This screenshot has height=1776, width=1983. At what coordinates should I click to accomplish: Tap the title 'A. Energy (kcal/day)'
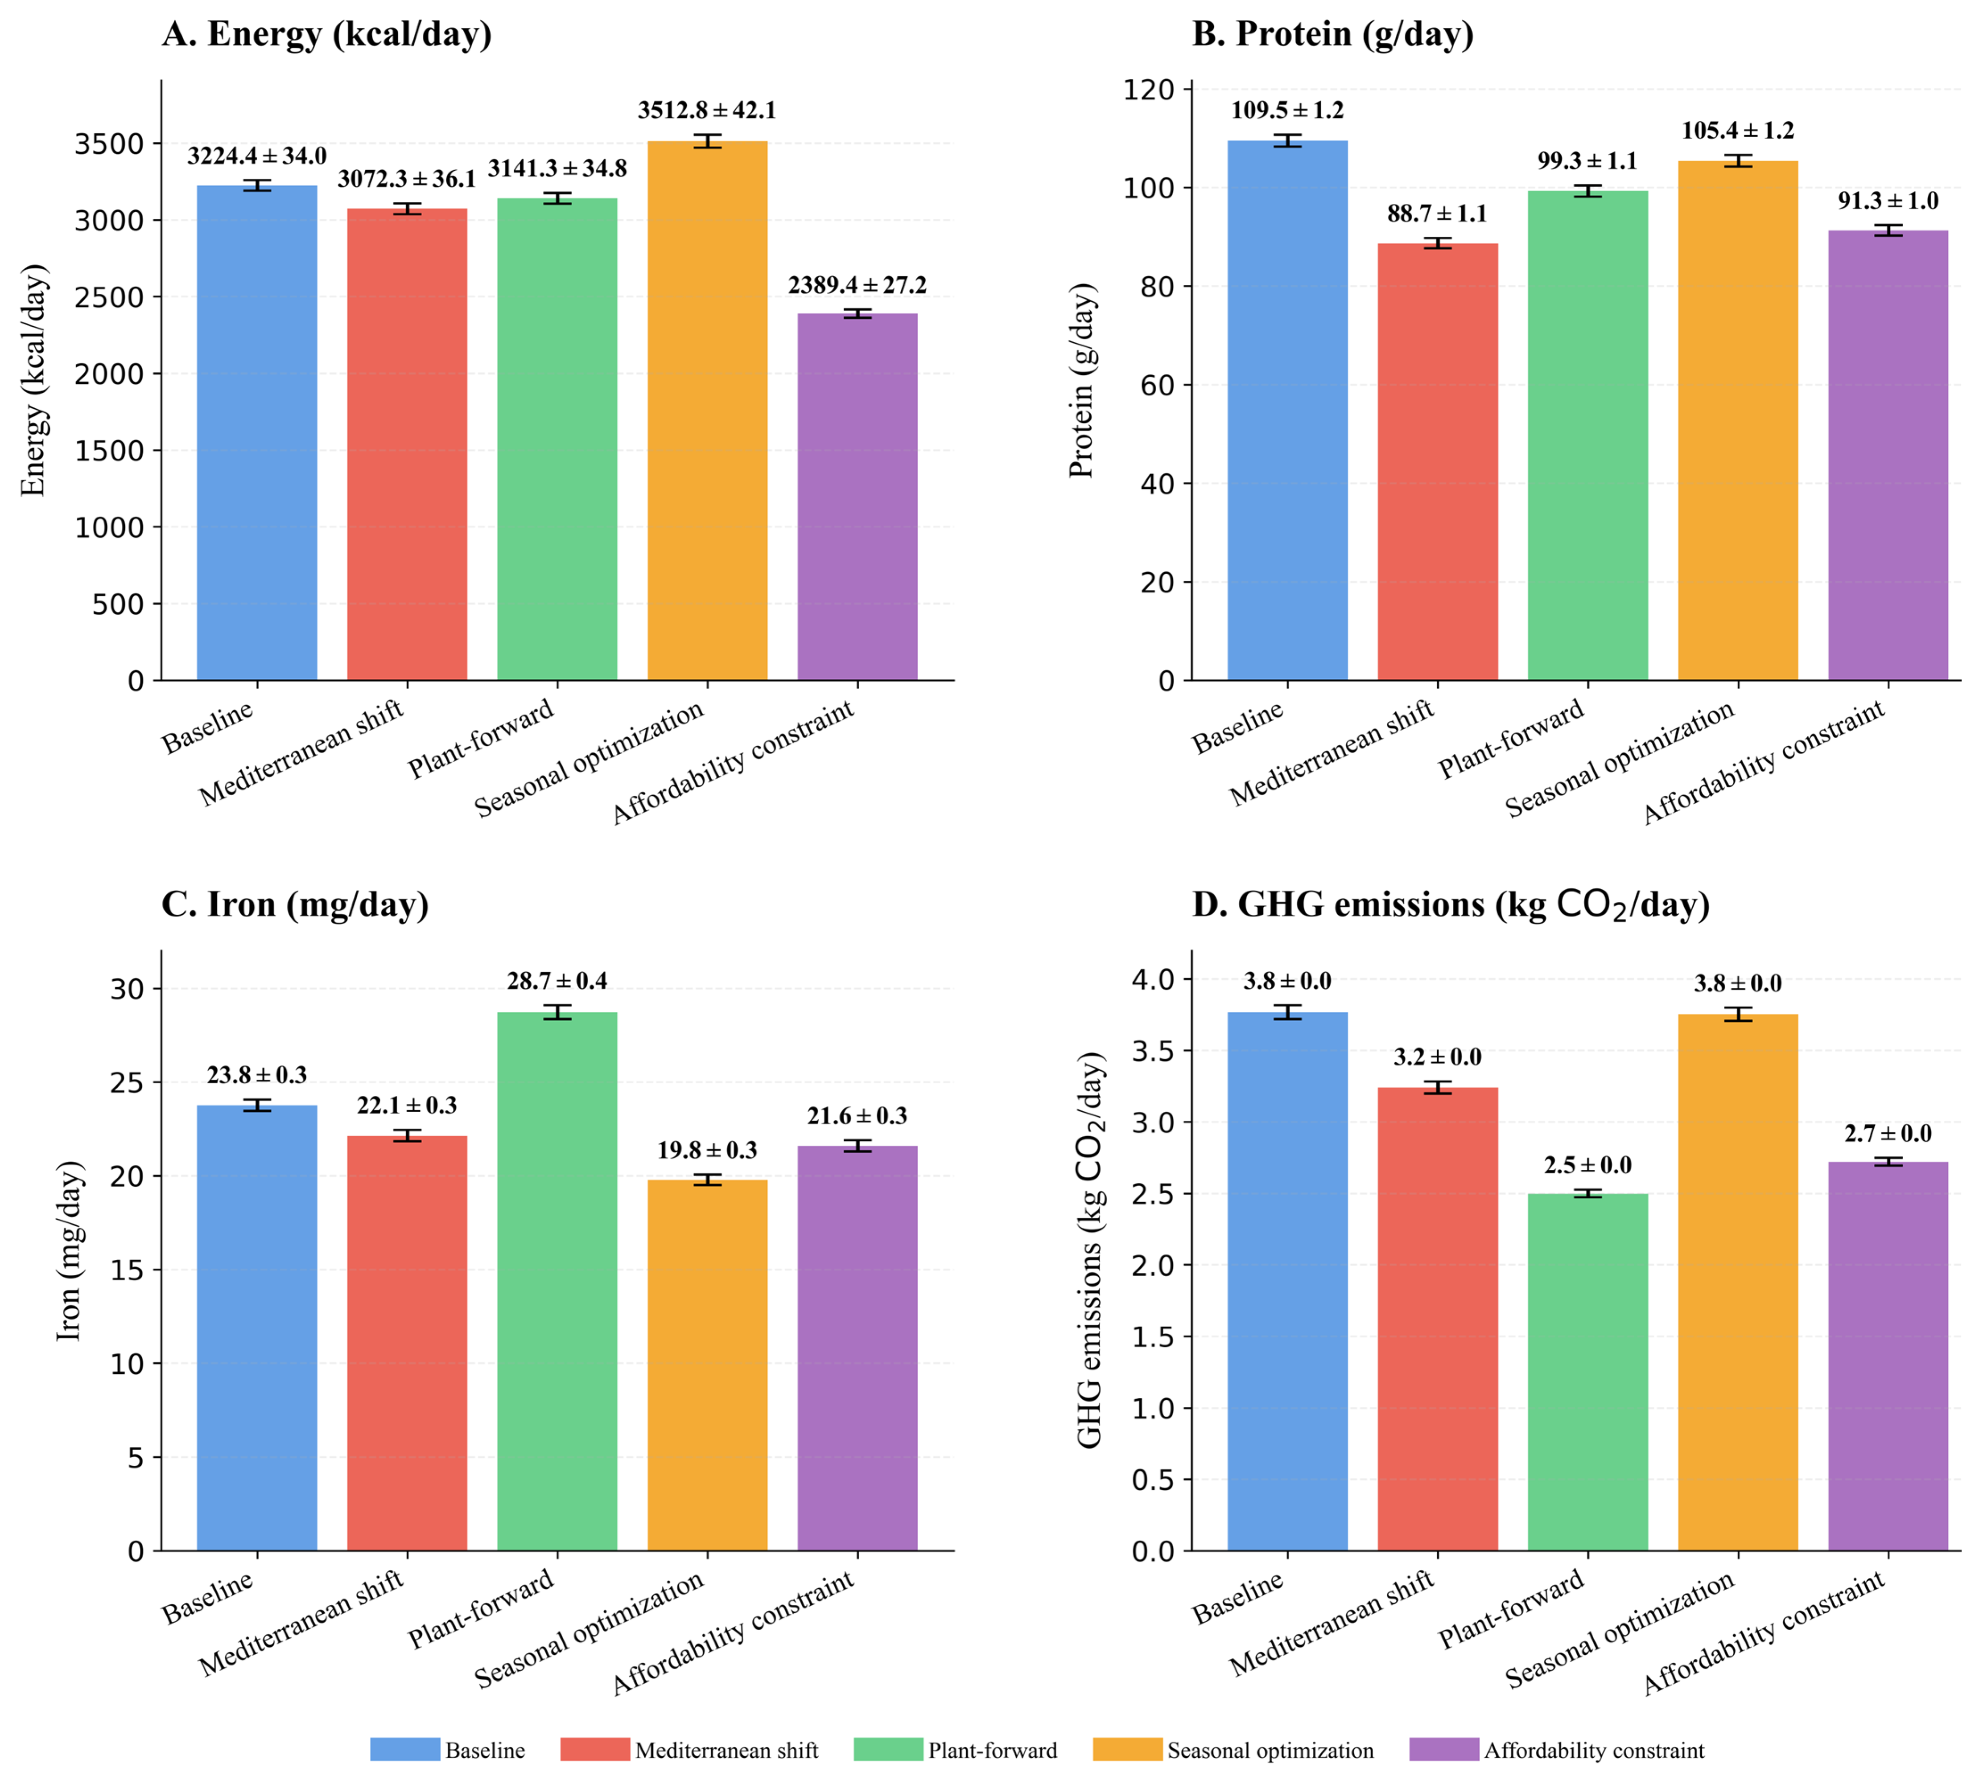tap(327, 34)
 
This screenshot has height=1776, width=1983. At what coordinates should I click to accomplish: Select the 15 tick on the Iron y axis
tap(127, 1270)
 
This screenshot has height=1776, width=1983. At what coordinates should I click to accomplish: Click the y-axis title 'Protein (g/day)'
tap(1082, 381)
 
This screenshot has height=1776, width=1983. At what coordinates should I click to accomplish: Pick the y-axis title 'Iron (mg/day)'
tap(68, 1251)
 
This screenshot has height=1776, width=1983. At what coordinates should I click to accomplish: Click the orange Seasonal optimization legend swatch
tap(1127, 1750)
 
